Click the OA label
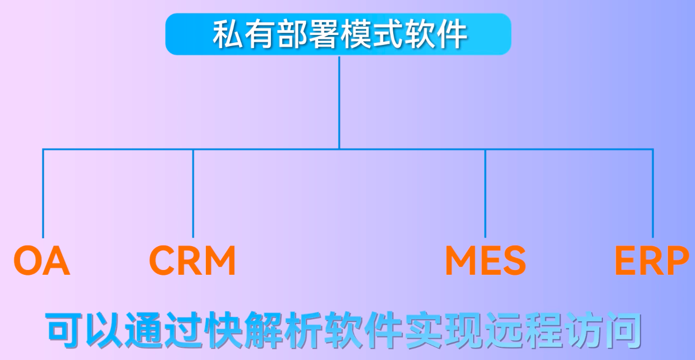point(42,260)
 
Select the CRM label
point(192,260)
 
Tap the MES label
point(485,260)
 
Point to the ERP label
point(652,260)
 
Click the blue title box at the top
point(338,34)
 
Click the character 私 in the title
point(228,34)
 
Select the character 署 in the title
point(323,34)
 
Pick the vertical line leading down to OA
point(43,194)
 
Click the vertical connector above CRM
point(193,194)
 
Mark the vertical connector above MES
point(485,194)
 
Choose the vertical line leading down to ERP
point(653,194)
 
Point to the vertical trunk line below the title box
point(339,103)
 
